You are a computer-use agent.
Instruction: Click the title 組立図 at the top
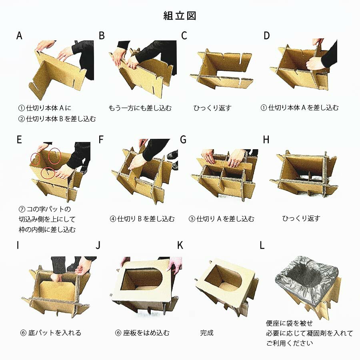coord(180,16)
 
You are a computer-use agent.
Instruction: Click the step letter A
coord(19,36)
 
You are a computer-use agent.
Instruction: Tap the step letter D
coord(266,36)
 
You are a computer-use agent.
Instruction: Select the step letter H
coord(266,139)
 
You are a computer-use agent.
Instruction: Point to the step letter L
coord(262,245)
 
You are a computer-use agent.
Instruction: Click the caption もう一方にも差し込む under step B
coord(140,108)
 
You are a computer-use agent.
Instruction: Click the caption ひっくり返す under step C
coord(212,108)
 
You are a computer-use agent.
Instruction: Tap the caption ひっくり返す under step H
coord(301,218)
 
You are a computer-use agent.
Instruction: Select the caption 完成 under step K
coord(207,333)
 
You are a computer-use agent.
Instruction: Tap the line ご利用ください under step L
coord(290,343)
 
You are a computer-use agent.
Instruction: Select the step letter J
coord(98,245)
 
